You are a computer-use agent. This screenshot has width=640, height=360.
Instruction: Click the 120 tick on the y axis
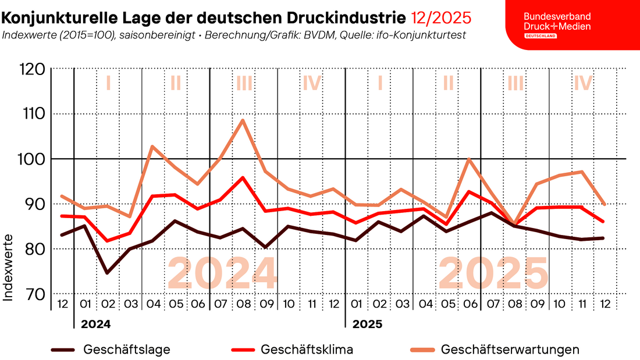coord(33,69)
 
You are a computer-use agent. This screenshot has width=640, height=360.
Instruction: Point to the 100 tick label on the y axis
coord(33,159)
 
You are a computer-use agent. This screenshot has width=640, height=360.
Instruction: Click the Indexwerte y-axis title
coord(8,268)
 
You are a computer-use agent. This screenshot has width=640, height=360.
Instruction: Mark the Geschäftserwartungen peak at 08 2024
coord(243,120)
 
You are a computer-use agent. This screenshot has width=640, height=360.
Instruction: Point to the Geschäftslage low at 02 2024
coord(107,272)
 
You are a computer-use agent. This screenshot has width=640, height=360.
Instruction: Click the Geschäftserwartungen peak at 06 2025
coord(468,159)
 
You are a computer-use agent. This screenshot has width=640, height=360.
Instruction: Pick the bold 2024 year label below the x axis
coord(95,324)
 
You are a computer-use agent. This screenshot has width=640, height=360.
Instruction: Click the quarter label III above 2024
coord(244,83)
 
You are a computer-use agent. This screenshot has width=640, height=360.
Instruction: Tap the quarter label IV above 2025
coord(582,83)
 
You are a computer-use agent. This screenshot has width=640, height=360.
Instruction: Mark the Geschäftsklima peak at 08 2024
coord(243,177)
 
